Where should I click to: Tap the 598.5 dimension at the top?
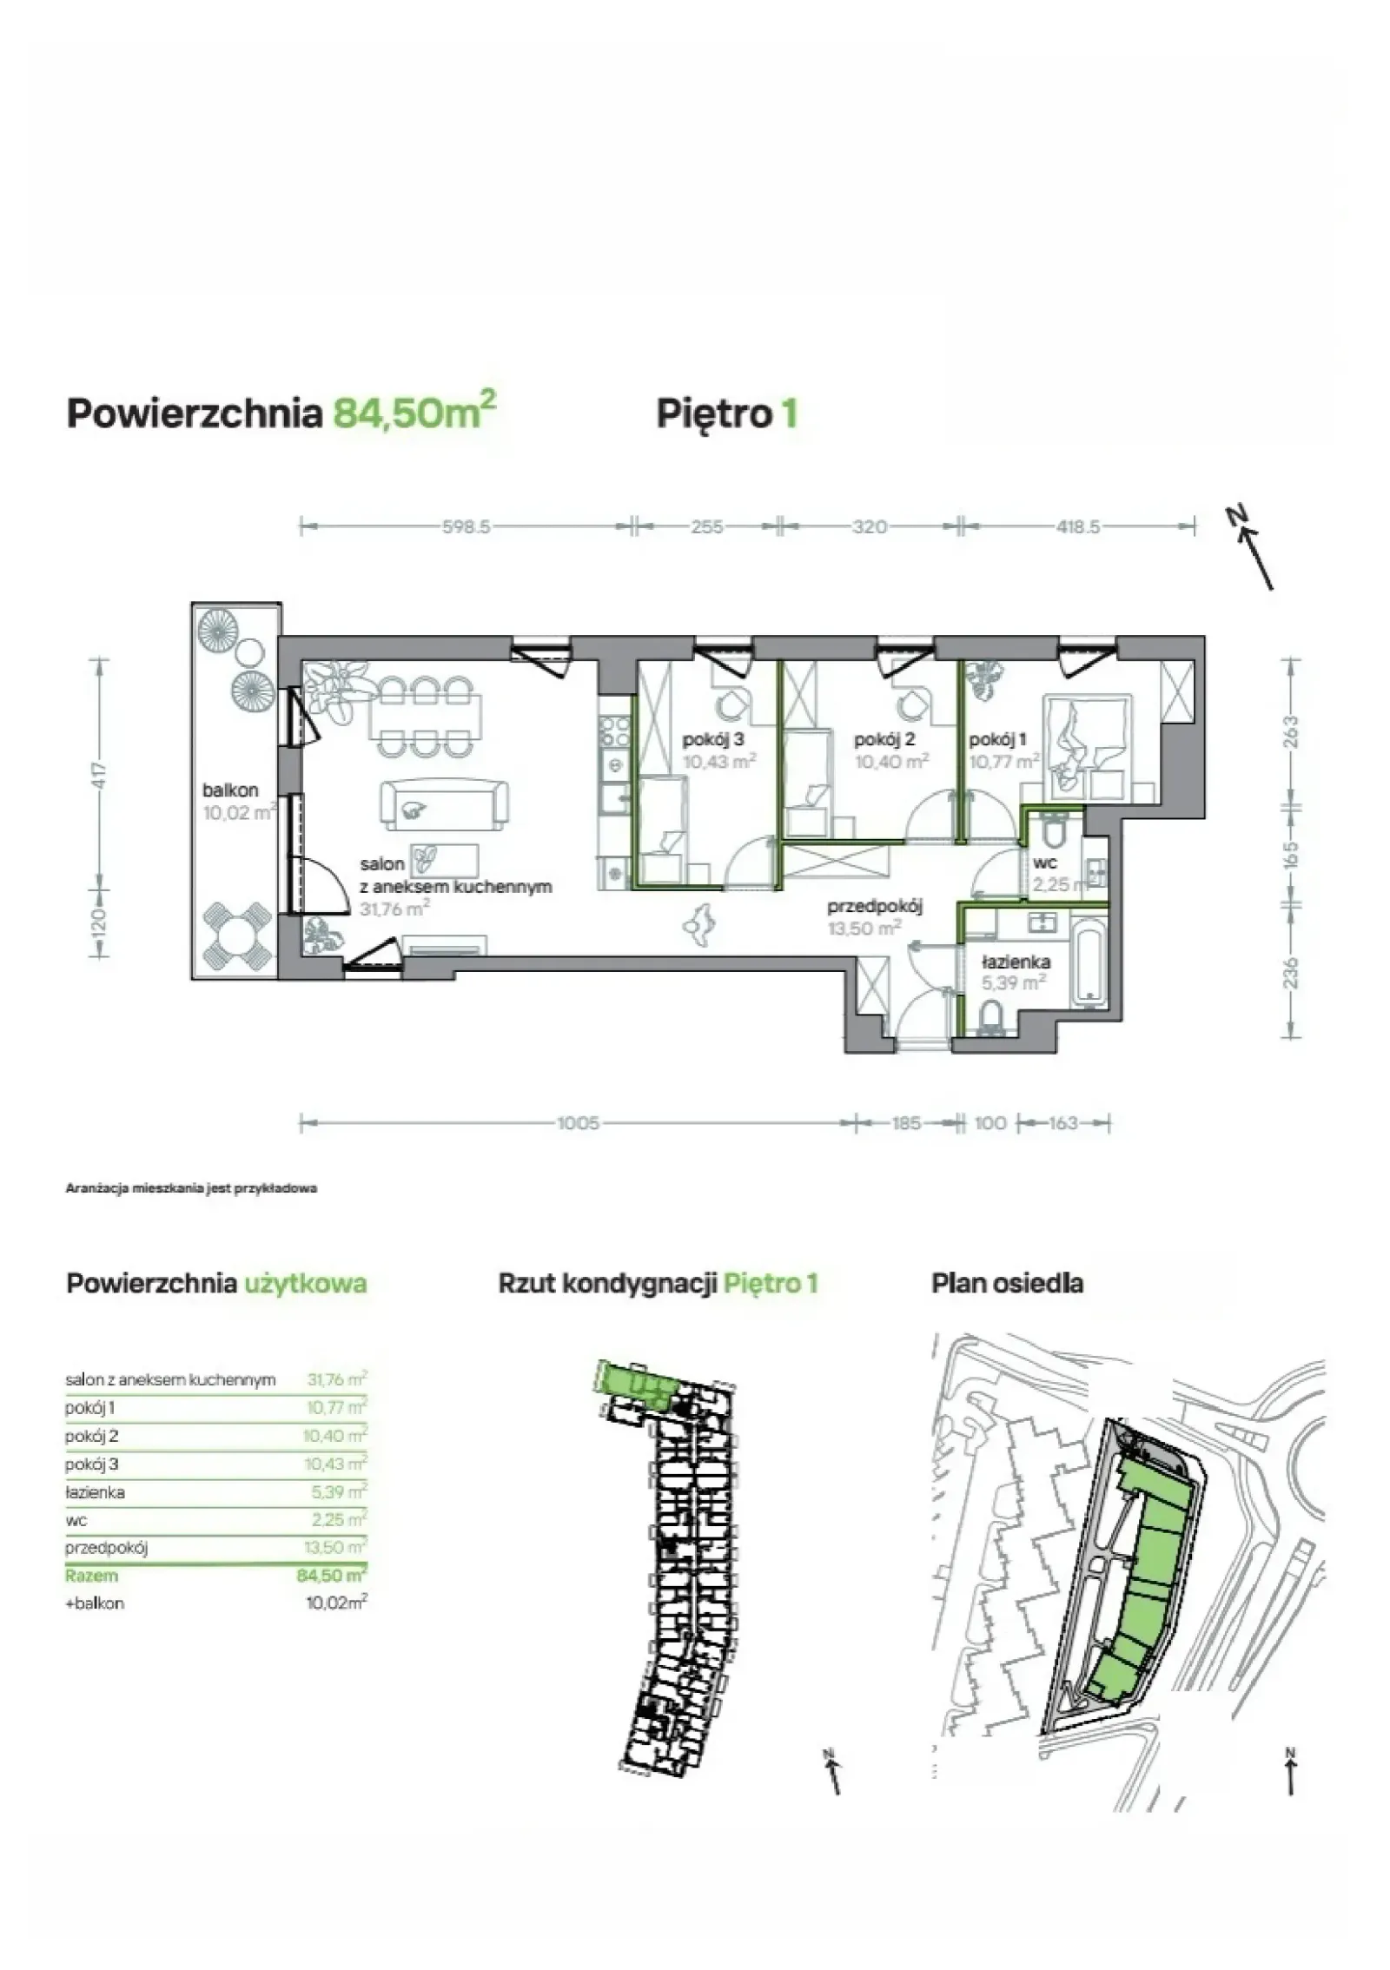coord(466,526)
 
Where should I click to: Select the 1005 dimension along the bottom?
coord(578,1123)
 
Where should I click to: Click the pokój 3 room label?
coord(714,740)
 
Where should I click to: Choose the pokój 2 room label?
coord(884,740)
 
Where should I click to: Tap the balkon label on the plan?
coord(230,790)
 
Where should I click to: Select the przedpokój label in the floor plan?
coord(874,907)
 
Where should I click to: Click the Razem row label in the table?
coord(91,1576)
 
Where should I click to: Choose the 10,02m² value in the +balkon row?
coord(336,1603)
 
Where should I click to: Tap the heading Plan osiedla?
coord(1007,1283)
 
